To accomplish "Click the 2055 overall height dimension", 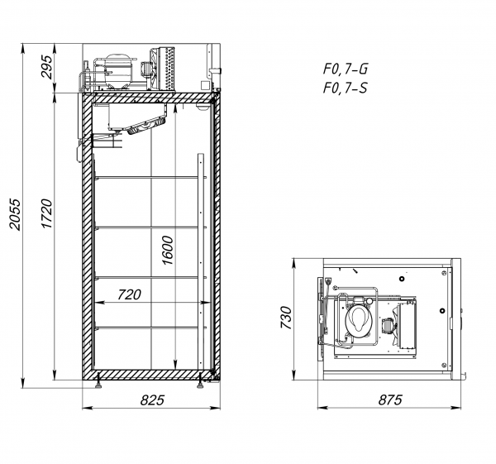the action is tap(15, 214).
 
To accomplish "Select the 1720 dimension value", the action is tap(46, 213).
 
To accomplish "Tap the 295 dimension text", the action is tap(46, 67).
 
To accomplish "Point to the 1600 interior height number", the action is tap(168, 250).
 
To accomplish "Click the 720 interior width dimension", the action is tap(130, 294).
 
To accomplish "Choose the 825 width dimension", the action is tap(152, 400).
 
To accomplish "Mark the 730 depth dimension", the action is tap(286, 318).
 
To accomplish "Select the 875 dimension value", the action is tap(390, 400).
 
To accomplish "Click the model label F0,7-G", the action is tap(345, 69).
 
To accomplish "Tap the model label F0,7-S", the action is tap(345, 88).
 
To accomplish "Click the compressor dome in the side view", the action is tap(118, 71).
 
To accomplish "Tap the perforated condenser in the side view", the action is tap(166, 69).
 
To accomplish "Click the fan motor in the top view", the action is tap(387, 325).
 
